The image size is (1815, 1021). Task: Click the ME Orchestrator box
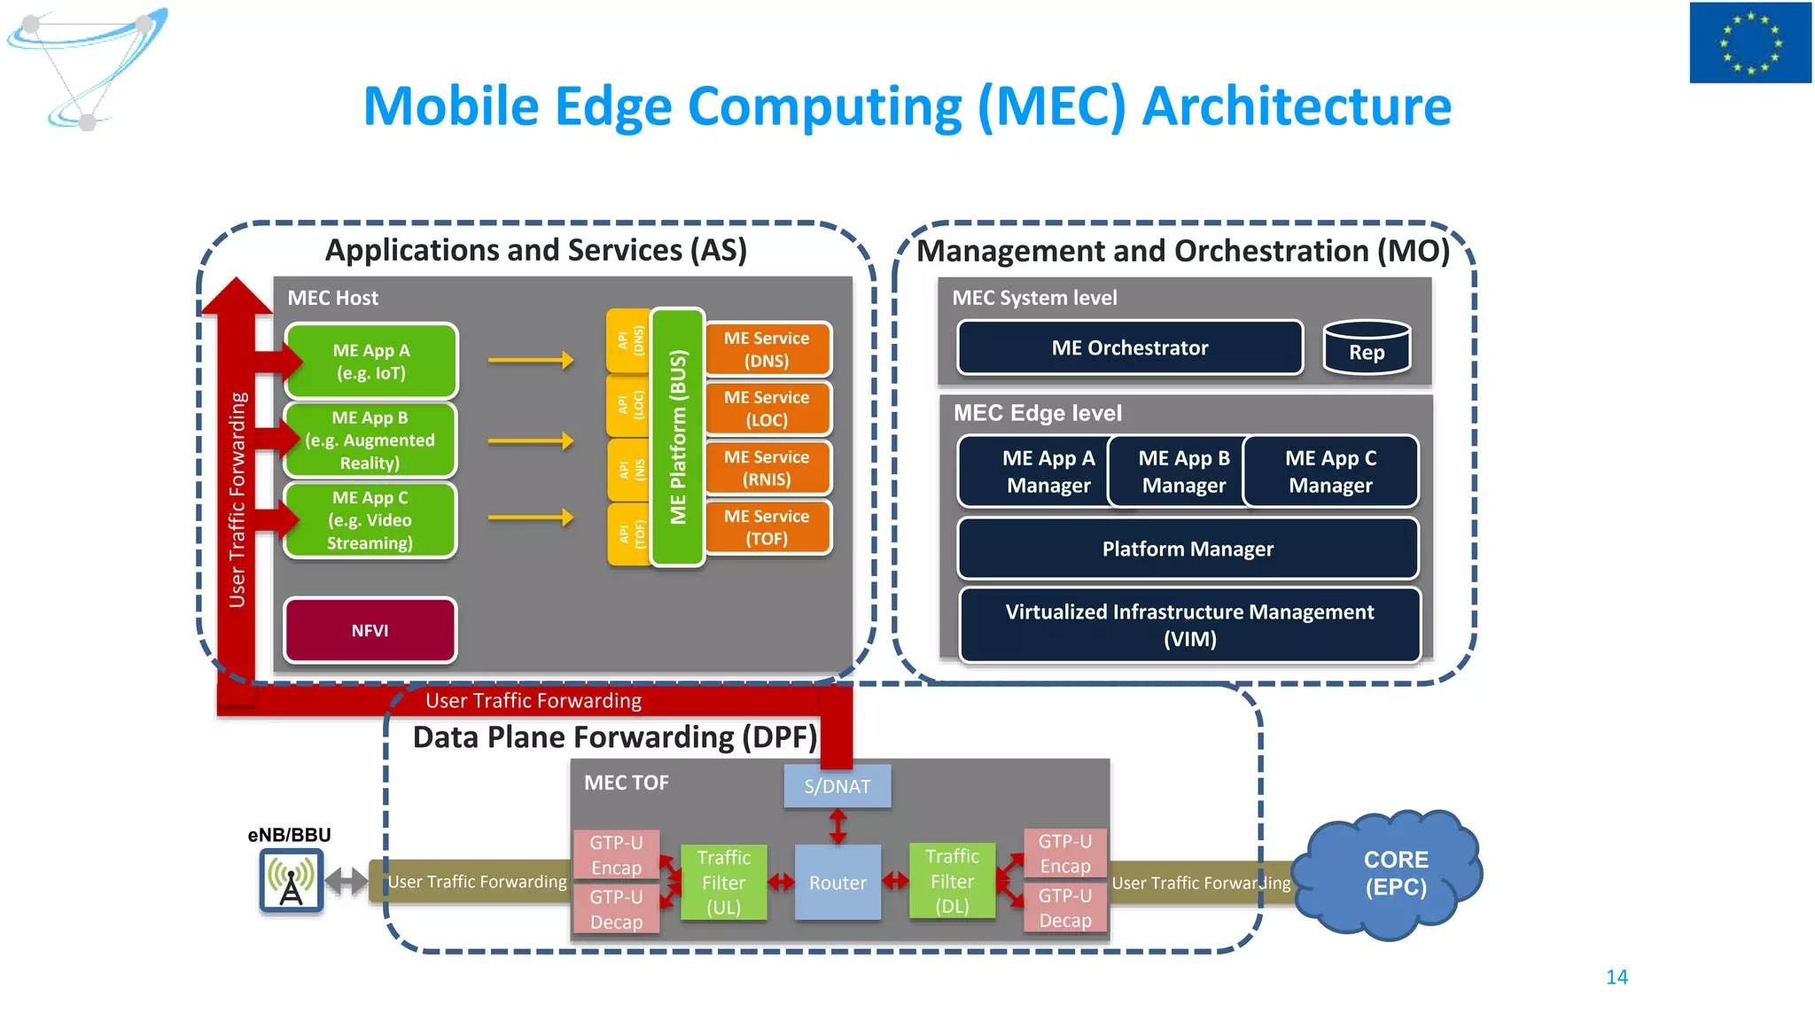1130,347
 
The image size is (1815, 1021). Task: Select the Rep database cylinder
1366,348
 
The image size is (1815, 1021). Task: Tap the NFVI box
370,630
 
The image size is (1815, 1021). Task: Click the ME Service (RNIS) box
767,468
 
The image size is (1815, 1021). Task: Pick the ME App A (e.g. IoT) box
371,362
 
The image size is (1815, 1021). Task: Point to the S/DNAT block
837,786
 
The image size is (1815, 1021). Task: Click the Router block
837,883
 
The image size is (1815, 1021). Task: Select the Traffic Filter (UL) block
723,883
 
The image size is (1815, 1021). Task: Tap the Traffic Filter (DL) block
952,882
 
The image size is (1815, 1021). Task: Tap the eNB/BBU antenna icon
291,880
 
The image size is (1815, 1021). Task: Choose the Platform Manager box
1188,549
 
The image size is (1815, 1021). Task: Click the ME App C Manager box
1330,472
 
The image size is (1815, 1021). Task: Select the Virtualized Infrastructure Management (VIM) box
1189,625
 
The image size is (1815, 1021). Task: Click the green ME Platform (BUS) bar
678,437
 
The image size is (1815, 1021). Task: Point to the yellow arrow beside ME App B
530,440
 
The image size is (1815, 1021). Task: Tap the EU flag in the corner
1749,43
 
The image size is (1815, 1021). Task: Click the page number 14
1616,977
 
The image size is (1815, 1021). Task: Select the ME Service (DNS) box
767,349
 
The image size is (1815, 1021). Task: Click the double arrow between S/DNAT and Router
837,826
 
